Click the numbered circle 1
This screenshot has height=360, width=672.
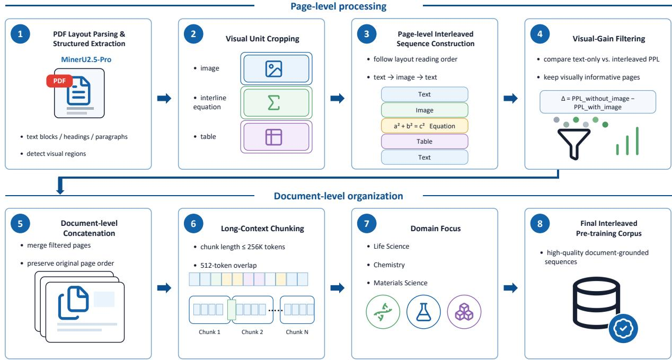20,34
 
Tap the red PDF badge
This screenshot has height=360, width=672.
59,81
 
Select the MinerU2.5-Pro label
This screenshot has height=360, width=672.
86,59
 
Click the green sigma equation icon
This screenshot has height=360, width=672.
273,103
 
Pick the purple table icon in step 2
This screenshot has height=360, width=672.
273,137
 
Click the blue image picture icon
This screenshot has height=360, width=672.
273,69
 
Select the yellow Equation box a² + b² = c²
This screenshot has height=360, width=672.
425,126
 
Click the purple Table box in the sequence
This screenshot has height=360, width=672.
425,142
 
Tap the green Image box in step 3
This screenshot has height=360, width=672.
425,110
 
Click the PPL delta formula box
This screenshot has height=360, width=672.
598,102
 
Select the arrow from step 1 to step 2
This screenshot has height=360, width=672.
164,98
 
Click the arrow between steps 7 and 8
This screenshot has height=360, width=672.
510,288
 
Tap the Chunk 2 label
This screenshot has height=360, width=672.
252,332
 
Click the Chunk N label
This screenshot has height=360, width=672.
297,332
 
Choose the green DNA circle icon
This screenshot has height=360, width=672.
383,312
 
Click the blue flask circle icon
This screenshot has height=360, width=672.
423,312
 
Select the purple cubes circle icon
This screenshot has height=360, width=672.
464,312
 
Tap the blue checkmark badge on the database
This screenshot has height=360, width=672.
623,329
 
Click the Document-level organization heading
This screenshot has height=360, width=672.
339,196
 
